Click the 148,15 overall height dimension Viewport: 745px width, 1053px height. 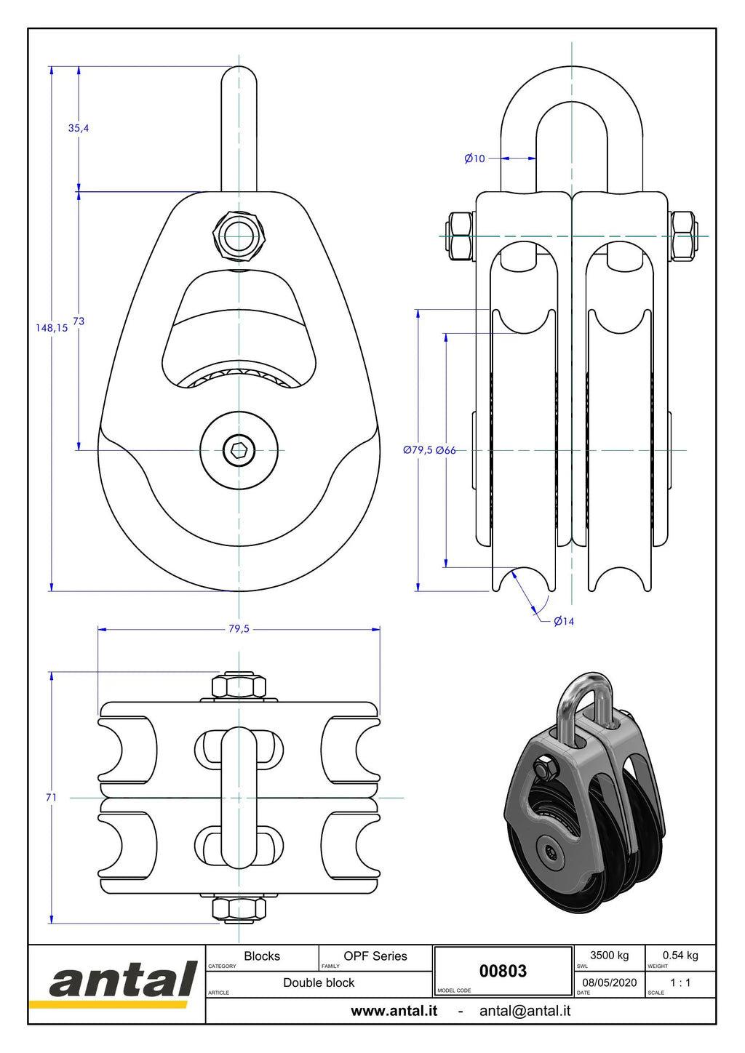[x=52, y=328]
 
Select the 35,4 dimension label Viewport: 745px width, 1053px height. [x=79, y=128]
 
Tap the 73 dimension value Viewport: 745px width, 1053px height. [x=79, y=321]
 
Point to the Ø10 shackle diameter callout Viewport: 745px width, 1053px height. [x=474, y=159]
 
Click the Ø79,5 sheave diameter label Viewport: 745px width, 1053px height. [x=418, y=450]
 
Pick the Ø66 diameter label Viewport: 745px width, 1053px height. [x=446, y=450]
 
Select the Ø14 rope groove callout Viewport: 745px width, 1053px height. [x=564, y=621]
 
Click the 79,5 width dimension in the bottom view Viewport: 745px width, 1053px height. [x=239, y=628]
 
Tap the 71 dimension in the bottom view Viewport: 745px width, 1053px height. [x=51, y=797]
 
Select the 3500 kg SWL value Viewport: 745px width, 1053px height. [x=610, y=955]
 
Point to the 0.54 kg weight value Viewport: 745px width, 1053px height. [x=680, y=955]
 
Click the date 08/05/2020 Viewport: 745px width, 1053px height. [x=610, y=982]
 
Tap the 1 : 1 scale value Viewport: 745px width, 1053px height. [x=680, y=982]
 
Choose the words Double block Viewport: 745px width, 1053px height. [x=319, y=982]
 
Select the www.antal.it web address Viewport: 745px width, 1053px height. [x=394, y=1011]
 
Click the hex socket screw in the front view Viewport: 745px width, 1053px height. [x=239, y=450]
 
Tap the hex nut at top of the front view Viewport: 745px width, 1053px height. [x=239, y=236]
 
